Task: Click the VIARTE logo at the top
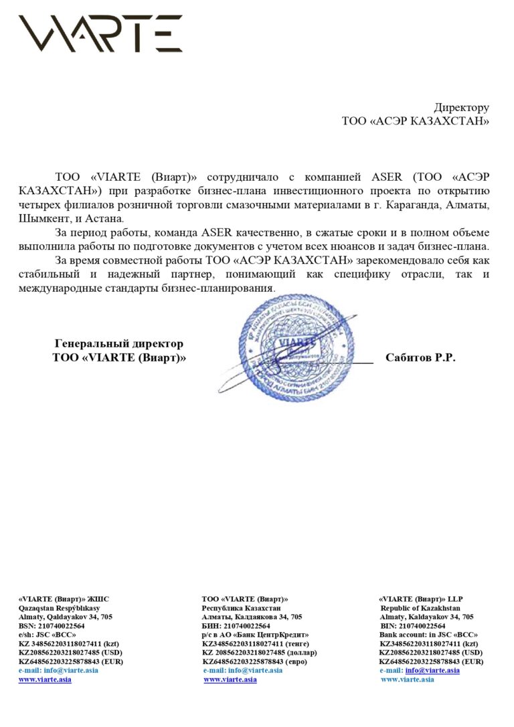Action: pos(100,33)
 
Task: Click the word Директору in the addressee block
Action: pos(461,107)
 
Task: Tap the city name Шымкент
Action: pos(44,219)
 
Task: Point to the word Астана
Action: pos(107,219)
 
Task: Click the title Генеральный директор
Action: pos(118,343)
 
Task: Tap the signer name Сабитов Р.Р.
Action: pos(420,358)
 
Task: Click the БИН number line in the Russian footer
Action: pos(236,626)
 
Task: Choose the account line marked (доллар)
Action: pos(260,653)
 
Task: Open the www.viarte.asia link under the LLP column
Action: pos(407,679)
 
